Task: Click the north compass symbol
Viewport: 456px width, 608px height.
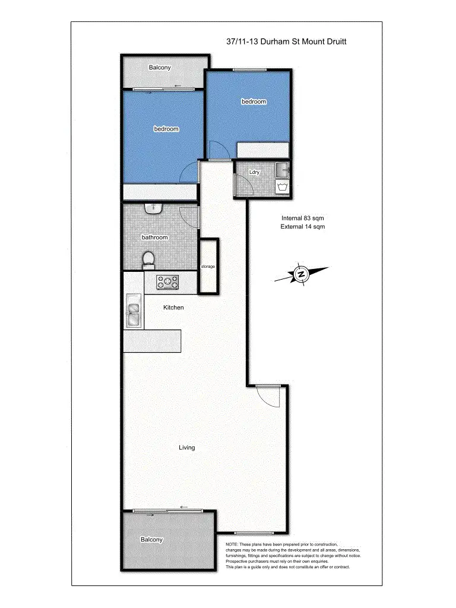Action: tap(302, 274)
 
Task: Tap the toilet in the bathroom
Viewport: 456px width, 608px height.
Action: tap(149, 259)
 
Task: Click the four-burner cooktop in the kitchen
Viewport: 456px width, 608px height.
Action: tap(168, 282)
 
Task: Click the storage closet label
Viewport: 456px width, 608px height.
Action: tap(208, 266)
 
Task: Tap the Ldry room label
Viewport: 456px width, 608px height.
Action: tap(255, 172)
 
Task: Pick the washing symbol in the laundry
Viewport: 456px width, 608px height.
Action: tap(282, 188)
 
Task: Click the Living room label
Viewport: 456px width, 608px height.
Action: tap(187, 447)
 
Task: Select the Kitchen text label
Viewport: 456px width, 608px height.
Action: tap(173, 308)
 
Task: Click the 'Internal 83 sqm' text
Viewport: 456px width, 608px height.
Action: tap(303, 218)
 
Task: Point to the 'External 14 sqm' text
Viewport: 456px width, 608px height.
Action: tap(303, 226)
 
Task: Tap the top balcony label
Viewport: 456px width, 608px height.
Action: tap(160, 68)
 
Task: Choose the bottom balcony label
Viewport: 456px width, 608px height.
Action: tap(151, 540)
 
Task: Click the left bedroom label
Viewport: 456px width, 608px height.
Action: tap(166, 129)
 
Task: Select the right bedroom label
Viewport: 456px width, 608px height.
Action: tap(254, 102)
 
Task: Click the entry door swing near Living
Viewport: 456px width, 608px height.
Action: tap(267, 396)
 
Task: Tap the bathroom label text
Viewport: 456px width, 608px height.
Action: tap(154, 237)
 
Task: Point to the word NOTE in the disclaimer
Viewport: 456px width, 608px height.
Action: tap(232, 544)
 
